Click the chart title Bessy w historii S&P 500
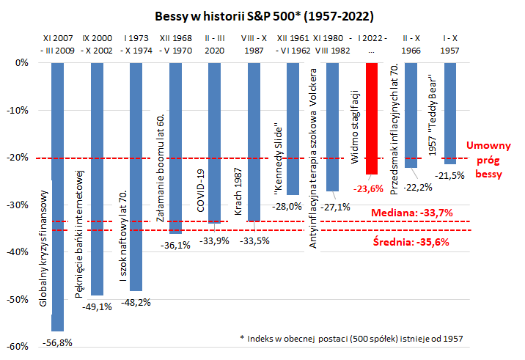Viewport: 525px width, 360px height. point(263,15)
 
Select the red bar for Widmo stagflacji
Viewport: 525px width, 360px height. point(372,117)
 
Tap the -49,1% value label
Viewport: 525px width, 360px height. point(97,306)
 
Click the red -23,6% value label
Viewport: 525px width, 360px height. point(371,187)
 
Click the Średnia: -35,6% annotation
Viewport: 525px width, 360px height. point(411,240)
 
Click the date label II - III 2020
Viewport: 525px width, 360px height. point(215,41)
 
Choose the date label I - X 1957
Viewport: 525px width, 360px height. point(450,41)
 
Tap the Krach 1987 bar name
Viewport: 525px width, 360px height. point(239,193)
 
